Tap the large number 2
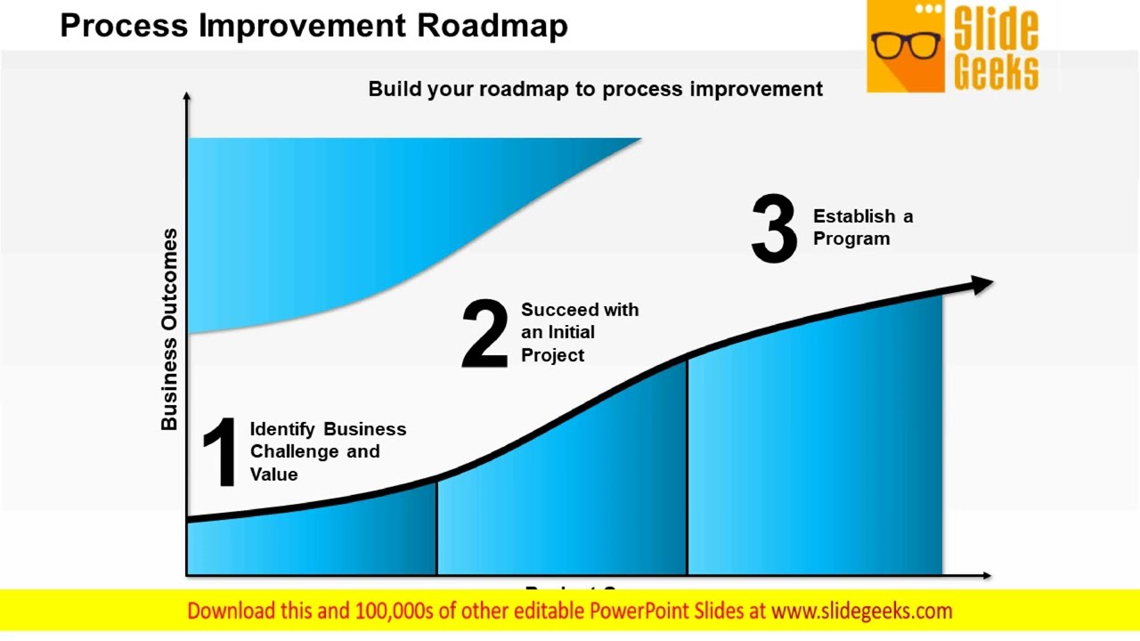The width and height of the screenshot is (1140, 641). point(484,334)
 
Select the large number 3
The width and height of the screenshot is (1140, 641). point(774,231)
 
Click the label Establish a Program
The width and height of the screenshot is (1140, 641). point(862,227)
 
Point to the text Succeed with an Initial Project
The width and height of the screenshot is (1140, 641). point(579,332)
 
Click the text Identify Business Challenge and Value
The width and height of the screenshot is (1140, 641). point(327,451)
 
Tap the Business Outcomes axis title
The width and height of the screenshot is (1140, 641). point(169,329)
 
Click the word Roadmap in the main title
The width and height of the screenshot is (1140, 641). point(492,25)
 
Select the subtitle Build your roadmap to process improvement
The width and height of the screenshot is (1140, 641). point(595,89)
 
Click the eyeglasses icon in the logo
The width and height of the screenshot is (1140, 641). point(906,45)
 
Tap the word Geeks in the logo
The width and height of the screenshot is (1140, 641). point(996,70)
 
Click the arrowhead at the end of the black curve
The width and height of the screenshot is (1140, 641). point(981,285)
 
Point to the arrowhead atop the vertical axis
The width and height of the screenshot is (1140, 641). point(186,96)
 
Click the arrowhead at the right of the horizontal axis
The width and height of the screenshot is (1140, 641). point(985,575)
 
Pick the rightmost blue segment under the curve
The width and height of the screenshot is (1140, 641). point(815,445)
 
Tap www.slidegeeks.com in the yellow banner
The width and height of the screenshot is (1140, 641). point(861,611)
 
